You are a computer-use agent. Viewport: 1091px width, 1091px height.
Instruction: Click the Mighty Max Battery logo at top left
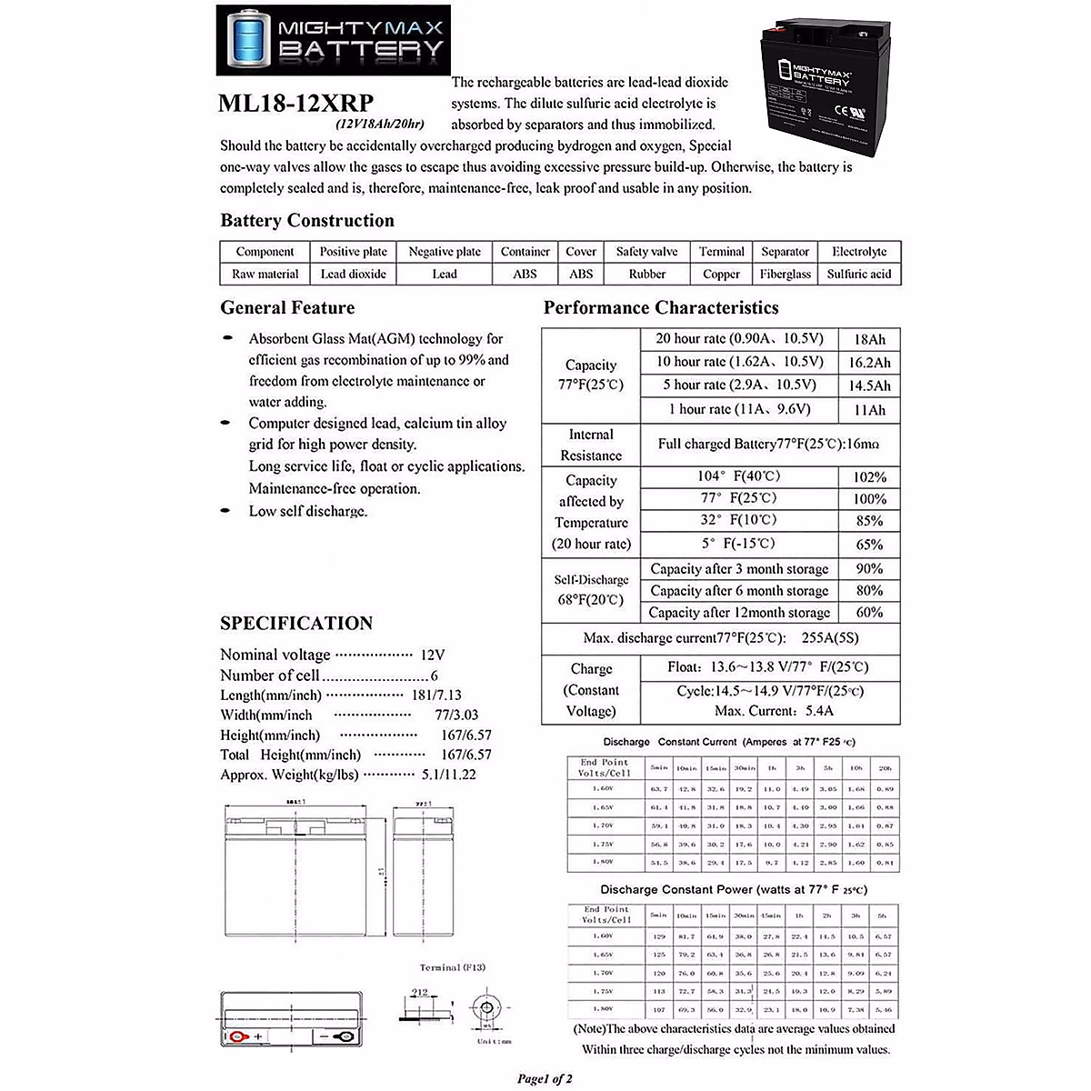[332, 40]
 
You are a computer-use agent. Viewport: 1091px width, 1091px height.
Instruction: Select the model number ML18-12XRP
[295, 104]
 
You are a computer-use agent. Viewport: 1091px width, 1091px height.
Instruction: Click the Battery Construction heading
[307, 221]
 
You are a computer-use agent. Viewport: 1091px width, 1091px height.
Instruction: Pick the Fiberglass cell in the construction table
[785, 274]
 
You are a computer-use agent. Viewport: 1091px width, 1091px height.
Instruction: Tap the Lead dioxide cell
[353, 274]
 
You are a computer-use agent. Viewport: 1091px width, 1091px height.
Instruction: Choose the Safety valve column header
[646, 252]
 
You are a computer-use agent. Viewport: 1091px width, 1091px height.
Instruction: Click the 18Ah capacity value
[869, 339]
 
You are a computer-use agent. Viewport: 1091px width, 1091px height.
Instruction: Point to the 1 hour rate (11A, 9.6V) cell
[739, 409]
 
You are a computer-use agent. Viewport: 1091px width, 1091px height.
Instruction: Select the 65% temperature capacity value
[869, 545]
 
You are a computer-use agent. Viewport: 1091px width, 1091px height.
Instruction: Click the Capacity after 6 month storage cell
[739, 591]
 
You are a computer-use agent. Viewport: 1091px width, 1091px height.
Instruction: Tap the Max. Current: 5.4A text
[774, 711]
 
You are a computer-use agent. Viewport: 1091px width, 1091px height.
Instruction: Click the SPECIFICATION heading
[296, 624]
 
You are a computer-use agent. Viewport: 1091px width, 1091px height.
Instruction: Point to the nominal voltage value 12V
[433, 655]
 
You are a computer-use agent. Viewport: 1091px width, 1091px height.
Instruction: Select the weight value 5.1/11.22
[448, 775]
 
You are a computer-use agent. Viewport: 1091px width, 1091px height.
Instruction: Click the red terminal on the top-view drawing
[238, 1037]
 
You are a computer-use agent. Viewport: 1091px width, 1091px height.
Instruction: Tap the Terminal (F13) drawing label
[452, 967]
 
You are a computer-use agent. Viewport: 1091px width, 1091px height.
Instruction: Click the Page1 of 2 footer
[545, 1079]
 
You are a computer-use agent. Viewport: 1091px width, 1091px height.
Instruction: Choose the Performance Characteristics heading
[661, 308]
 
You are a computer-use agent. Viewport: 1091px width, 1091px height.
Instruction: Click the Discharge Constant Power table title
[733, 889]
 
